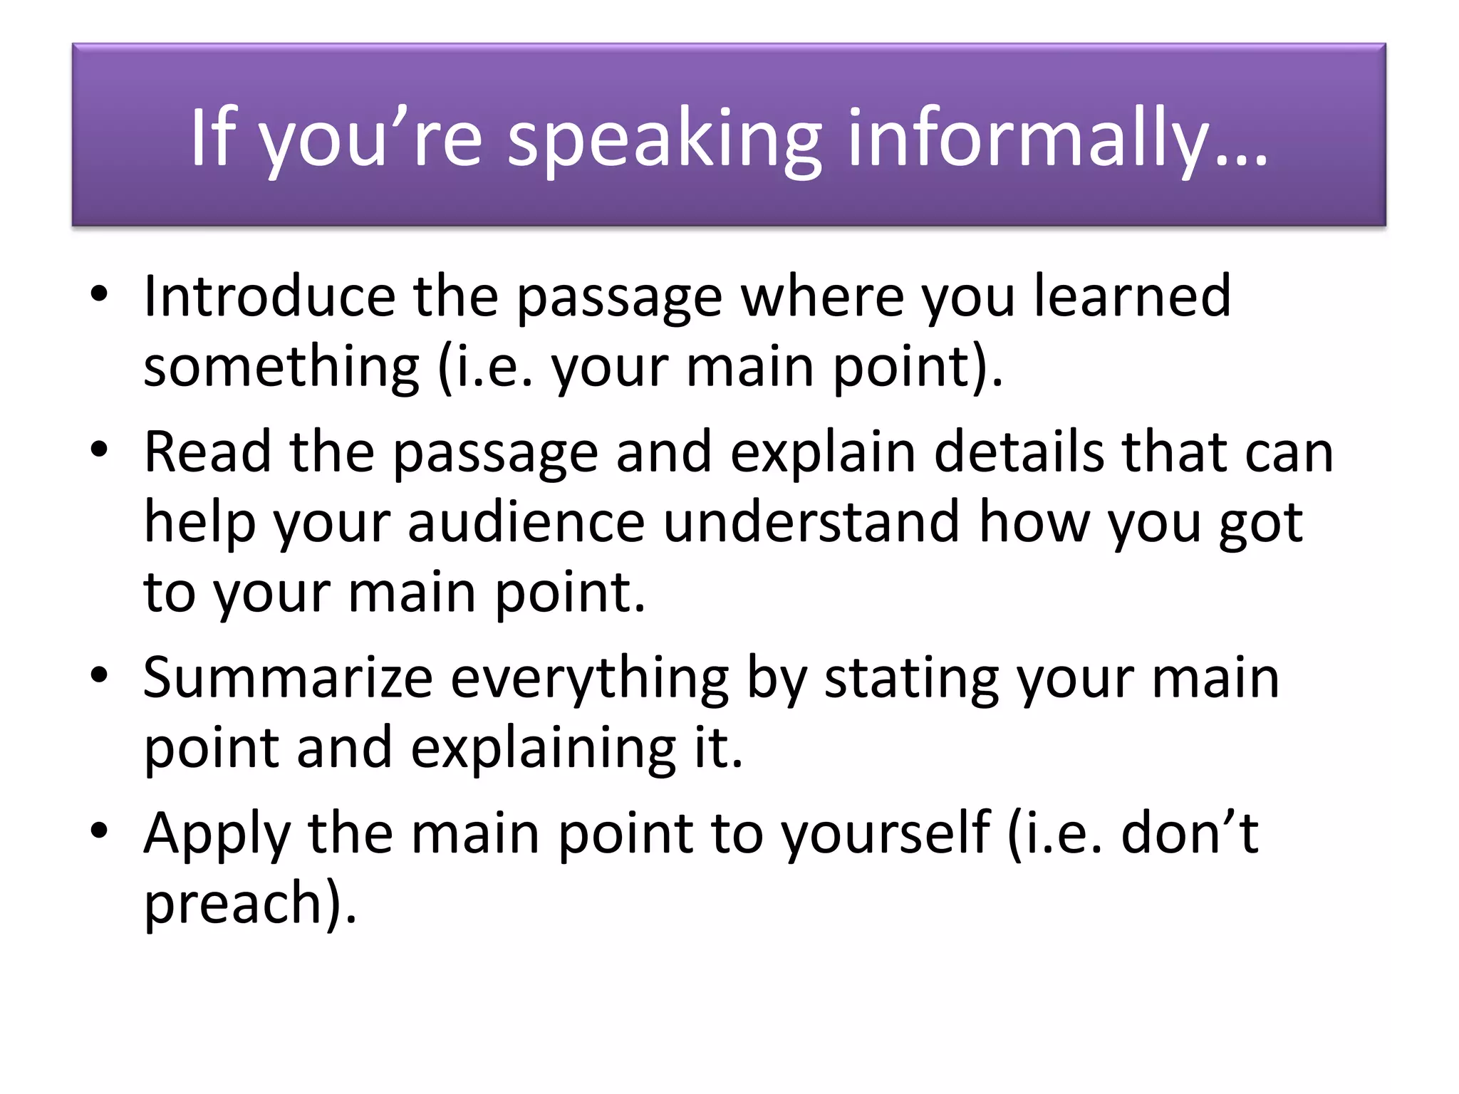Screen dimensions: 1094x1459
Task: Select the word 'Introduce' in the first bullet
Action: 269,296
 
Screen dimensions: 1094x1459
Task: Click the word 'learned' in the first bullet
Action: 1132,296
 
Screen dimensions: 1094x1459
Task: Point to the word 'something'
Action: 281,368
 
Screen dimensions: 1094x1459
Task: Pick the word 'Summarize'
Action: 288,679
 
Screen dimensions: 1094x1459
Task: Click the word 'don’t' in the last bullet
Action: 1189,833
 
